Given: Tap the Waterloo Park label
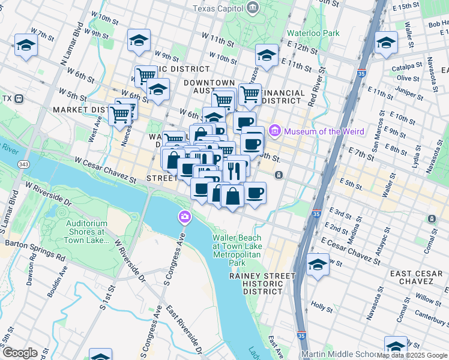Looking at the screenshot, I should [x=313, y=33].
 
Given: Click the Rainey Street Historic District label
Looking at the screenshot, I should [x=262, y=283].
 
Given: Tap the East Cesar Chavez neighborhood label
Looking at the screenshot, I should [x=417, y=278].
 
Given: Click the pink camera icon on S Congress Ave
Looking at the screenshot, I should [x=184, y=216].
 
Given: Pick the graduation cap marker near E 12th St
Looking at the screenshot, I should [x=267, y=56].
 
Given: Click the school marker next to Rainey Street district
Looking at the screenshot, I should [x=318, y=265].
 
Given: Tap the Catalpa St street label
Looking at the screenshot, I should [x=402, y=68].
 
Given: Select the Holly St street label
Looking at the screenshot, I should [x=322, y=306].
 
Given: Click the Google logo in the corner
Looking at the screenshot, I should [x=20, y=352].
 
